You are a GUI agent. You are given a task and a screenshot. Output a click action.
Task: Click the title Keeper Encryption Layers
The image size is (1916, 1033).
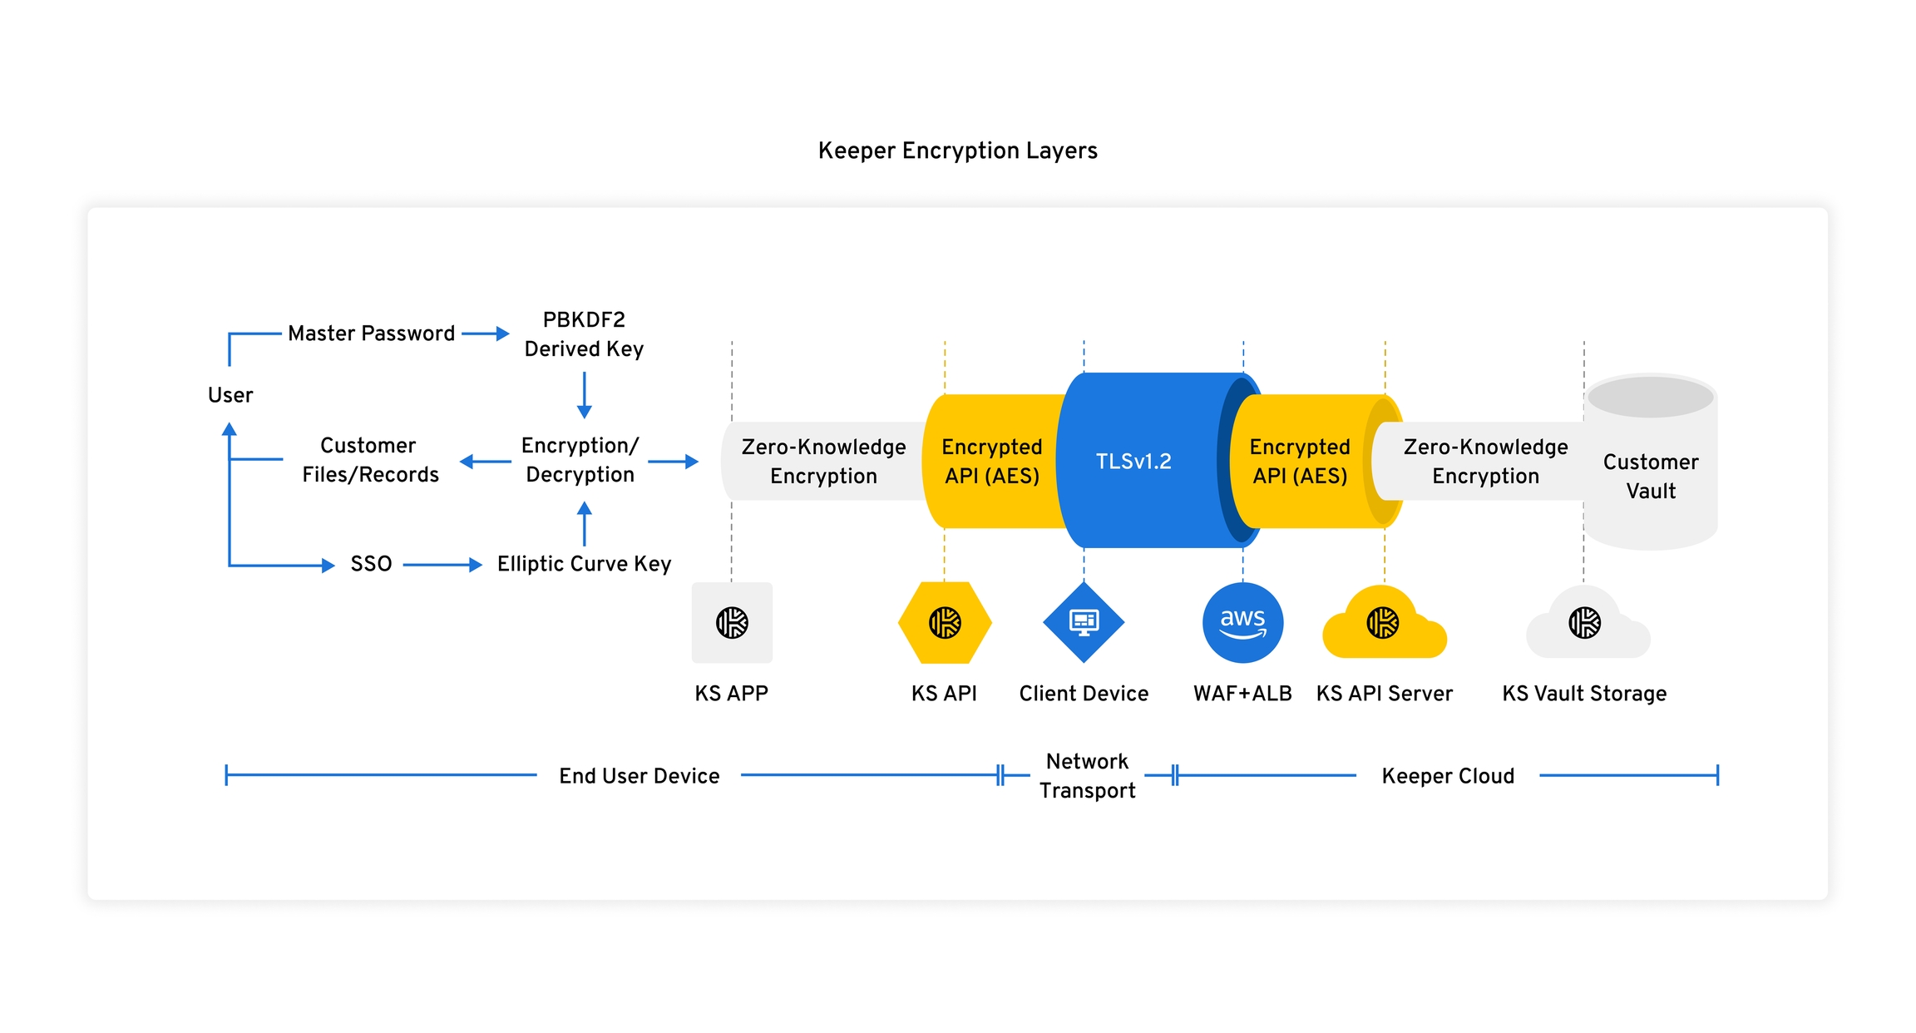[x=957, y=151]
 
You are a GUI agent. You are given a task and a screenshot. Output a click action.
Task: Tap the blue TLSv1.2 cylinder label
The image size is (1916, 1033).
[x=1133, y=462]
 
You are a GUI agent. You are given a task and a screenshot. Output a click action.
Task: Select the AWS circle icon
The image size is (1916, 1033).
[x=1242, y=623]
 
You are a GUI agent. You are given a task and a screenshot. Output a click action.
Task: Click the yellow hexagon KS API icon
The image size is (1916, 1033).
[x=945, y=623]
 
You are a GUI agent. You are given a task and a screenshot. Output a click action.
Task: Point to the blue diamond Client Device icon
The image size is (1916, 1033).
[x=1084, y=622]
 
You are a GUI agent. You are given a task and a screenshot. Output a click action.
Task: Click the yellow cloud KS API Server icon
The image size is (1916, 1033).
[x=1384, y=625]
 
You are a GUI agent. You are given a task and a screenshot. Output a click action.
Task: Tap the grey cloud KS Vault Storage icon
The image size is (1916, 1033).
[x=1585, y=625]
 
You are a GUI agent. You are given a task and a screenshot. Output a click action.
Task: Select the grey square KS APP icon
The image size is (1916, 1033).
[x=732, y=623]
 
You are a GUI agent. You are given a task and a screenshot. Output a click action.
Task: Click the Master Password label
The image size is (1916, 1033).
[x=371, y=334]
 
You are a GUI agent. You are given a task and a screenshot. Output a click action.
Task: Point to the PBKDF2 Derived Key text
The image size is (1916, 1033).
[x=584, y=334]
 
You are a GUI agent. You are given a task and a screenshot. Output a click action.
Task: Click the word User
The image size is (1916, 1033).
[x=230, y=395]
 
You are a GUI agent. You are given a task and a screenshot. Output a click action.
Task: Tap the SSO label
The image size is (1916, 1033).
[x=371, y=564]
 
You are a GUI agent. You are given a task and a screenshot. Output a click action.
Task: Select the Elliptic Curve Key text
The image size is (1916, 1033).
[x=584, y=564]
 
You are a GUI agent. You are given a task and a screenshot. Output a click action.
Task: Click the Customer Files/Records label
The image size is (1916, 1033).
[x=370, y=460]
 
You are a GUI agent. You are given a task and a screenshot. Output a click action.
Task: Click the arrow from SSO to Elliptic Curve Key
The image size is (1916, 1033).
[x=442, y=565]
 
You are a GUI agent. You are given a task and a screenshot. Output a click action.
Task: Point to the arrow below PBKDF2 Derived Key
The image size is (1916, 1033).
[x=585, y=395]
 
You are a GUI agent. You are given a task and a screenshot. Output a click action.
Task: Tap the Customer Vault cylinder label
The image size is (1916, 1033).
[x=1651, y=477]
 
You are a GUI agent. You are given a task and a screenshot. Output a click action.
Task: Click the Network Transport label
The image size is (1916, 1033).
[x=1087, y=776]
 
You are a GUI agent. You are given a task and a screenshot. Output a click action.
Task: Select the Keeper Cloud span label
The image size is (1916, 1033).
[x=1448, y=776]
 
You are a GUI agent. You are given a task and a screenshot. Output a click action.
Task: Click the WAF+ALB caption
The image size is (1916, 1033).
[x=1242, y=694]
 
